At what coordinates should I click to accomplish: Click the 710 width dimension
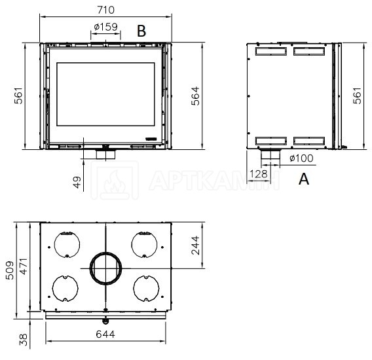pyautogui.click(x=106, y=10)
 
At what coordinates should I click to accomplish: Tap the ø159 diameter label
pyautogui.click(x=106, y=27)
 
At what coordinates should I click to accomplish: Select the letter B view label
pyautogui.click(x=141, y=31)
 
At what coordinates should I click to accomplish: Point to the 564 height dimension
pyautogui.click(x=195, y=96)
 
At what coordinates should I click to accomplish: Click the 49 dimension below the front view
pyautogui.click(x=77, y=182)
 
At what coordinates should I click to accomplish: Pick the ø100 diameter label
pyautogui.click(x=301, y=158)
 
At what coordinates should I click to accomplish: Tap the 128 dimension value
pyautogui.click(x=258, y=174)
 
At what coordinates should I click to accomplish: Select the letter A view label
pyautogui.click(x=304, y=179)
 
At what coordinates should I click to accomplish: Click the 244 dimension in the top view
pyautogui.click(x=195, y=245)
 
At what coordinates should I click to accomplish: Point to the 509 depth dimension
pyautogui.click(x=10, y=270)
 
